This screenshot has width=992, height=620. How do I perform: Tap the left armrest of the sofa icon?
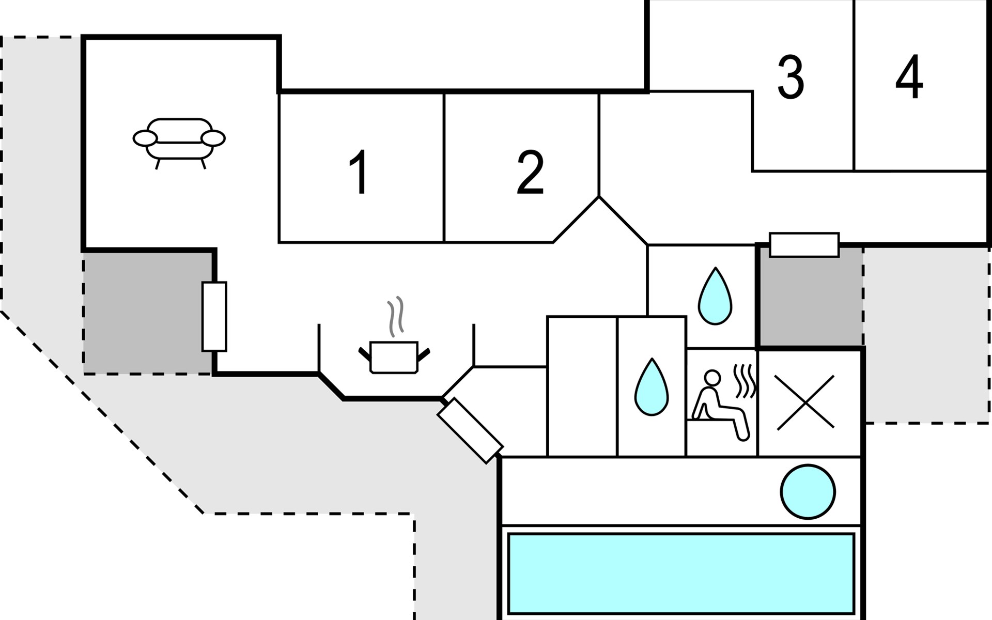click(x=145, y=138)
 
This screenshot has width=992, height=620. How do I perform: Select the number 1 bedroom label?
click(x=359, y=172)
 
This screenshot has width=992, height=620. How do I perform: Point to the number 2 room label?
click(x=530, y=172)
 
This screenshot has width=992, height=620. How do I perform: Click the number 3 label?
click(x=791, y=78)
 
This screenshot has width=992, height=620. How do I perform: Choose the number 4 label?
click(x=909, y=78)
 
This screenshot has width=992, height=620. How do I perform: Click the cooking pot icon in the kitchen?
click(x=394, y=357)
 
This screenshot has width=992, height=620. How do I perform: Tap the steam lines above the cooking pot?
click(x=395, y=315)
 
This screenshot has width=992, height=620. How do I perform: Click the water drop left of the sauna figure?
click(x=652, y=388)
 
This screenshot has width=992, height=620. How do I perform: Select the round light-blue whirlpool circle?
click(x=808, y=491)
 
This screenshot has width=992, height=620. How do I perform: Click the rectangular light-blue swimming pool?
click(x=681, y=574)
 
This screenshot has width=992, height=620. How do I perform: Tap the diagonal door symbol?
click(x=470, y=431)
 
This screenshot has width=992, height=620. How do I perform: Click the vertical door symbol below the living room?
click(x=214, y=317)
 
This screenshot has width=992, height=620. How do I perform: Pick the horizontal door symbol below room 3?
click(x=804, y=245)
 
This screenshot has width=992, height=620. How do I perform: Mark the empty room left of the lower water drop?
click(x=582, y=386)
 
